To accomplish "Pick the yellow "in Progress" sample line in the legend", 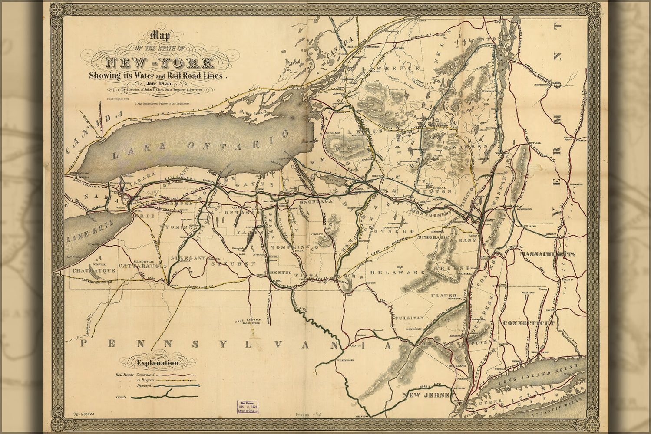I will (176, 380).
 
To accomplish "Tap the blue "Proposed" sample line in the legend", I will (176, 385).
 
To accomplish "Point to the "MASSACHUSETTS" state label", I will (547, 254).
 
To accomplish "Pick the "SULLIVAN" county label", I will (409, 318).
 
